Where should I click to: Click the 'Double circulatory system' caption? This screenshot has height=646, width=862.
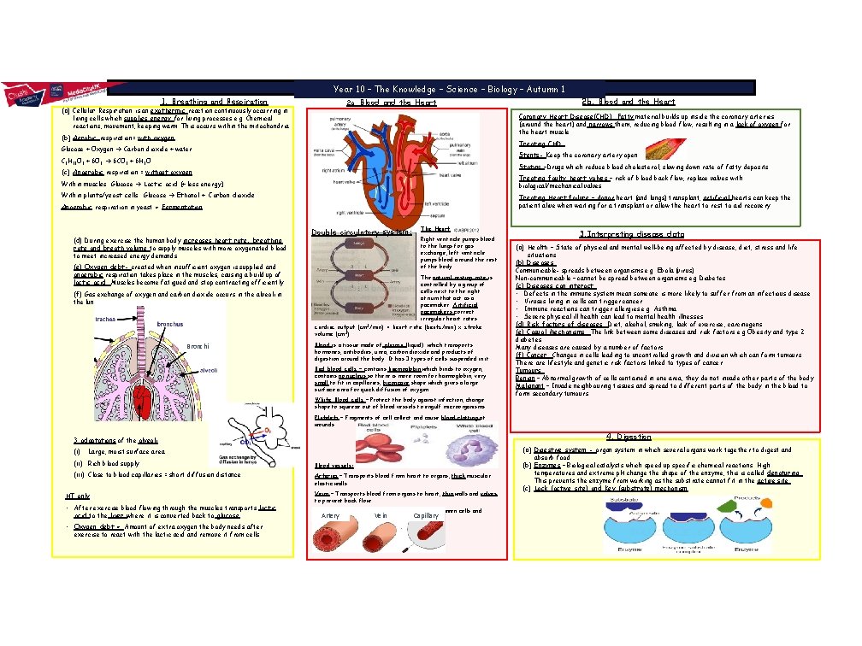coord(363,231)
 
